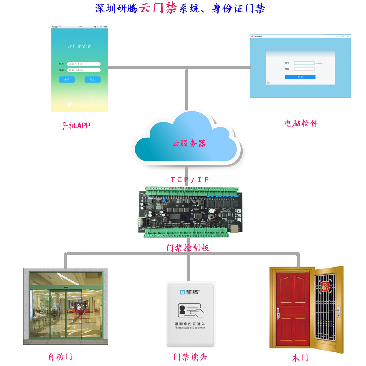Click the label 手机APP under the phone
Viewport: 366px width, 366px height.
pos(75,126)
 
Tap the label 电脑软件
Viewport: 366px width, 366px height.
pos(301,123)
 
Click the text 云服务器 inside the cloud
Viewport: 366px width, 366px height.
pos(189,143)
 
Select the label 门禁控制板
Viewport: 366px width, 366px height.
pos(187,248)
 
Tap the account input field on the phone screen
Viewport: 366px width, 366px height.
pos(84,64)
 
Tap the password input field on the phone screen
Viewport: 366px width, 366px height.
pos(84,70)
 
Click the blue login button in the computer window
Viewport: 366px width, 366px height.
pos(300,77)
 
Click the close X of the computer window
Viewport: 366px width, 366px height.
pos(348,36)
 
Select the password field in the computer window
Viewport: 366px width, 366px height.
pos(304,69)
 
